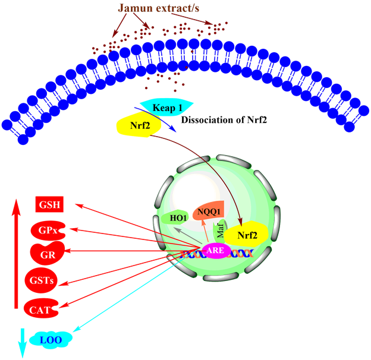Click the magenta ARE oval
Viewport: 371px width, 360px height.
click(x=215, y=251)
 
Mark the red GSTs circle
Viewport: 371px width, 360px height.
click(x=41, y=280)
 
